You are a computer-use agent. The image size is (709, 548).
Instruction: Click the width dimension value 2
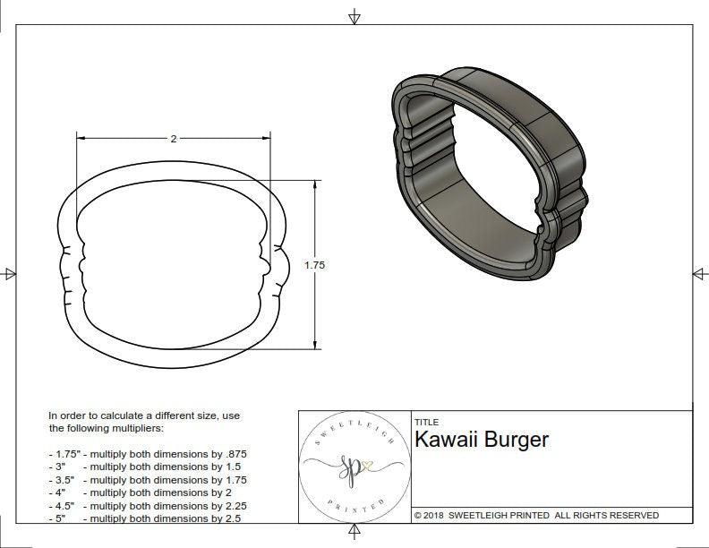pyautogui.click(x=173, y=139)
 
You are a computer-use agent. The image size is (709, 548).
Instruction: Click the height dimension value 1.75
pyautogui.click(x=314, y=265)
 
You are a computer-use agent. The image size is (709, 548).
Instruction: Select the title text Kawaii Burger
pyautogui.click(x=481, y=440)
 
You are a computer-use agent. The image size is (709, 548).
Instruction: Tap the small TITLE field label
pyautogui.click(x=425, y=422)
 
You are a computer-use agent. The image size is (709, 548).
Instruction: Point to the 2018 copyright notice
pyautogui.click(x=536, y=516)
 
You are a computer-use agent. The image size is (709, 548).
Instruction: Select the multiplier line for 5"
pyautogui.click(x=147, y=518)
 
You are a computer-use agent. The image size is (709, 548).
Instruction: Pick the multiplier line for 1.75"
pyautogui.click(x=147, y=454)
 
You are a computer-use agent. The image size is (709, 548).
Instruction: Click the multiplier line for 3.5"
pyautogui.click(x=147, y=479)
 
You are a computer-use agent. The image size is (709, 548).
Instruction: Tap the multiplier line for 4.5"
pyautogui.click(x=147, y=505)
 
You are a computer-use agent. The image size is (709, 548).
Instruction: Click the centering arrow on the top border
pyautogui.click(x=354, y=16)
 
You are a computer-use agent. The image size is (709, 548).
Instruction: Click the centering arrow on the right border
pyautogui.click(x=698, y=273)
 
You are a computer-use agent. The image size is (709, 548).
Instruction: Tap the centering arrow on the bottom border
pyautogui.click(x=354, y=534)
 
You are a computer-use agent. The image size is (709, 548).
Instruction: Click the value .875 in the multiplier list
pyautogui.click(x=235, y=454)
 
